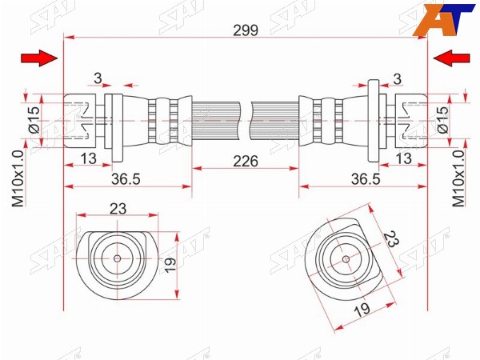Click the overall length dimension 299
point(246,30)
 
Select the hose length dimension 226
point(246,161)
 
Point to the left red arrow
point(39,58)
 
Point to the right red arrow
point(451,58)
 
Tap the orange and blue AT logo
point(443,20)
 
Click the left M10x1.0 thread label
point(18,178)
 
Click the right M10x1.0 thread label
point(458,178)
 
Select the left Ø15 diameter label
point(34,120)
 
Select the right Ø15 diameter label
point(442,120)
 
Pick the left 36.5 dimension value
point(126,179)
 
